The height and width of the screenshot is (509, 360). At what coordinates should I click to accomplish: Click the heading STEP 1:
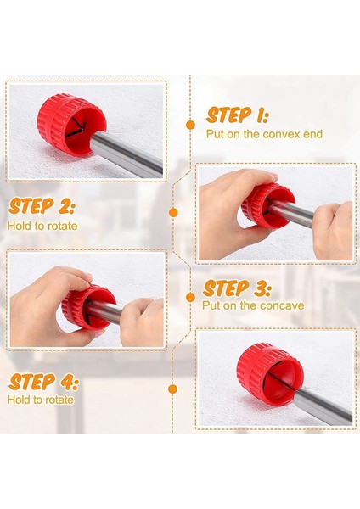237,115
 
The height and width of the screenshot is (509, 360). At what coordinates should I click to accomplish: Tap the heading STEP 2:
42,206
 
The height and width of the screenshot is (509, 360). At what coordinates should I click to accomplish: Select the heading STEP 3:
237,288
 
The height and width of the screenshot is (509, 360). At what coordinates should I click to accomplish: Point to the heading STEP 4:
43,382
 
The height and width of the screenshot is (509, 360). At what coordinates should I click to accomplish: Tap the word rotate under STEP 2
60,226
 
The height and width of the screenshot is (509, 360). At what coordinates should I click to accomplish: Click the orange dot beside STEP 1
191,125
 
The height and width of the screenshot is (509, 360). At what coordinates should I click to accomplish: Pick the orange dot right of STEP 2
173,213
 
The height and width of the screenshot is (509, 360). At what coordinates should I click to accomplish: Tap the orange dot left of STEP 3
191,297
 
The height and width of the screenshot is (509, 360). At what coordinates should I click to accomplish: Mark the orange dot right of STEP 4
173,389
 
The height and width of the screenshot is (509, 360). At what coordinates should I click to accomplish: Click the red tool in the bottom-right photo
270,375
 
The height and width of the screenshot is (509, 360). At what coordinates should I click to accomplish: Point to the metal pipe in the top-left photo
130,154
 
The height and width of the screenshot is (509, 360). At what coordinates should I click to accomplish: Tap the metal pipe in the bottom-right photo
325,406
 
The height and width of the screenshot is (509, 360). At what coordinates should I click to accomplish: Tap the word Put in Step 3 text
210,305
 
